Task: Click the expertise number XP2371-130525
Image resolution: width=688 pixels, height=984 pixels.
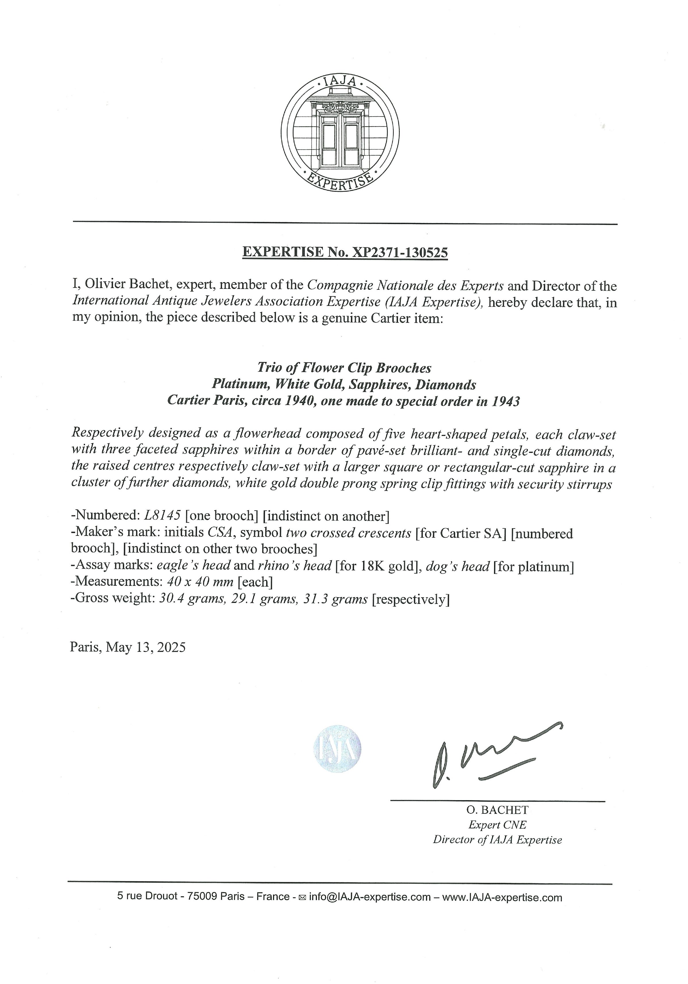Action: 399,252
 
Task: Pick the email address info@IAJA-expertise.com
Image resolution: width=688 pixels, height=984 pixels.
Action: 370,897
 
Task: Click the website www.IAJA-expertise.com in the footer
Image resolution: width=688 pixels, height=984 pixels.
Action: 502,897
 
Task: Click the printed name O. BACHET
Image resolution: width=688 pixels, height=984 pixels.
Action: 497,810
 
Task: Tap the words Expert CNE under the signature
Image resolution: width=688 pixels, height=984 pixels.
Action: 497,825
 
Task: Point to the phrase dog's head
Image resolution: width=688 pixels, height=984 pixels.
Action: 457,567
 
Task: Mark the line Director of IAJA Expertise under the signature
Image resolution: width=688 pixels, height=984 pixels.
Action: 497,840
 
